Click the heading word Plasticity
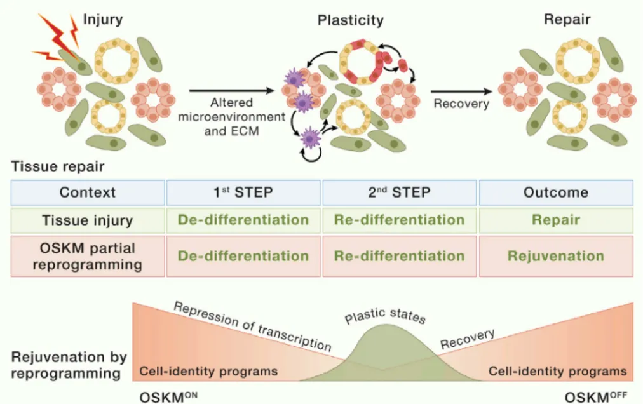tap(351, 20)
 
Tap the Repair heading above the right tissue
tap(567, 19)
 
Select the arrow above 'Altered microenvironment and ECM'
tap(232, 91)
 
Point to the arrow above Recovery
tap(461, 91)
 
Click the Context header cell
tap(88, 192)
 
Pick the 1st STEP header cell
tap(243, 192)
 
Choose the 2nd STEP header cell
tap(400, 192)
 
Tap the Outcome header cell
tap(556, 192)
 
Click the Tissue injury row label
tap(88, 220)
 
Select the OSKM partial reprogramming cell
tap(88, 257)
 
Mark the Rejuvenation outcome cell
tap(556, 257)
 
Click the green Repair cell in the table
tap(556, 220)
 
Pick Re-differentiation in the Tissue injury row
tap(400, 220)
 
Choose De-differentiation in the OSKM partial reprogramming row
tap(243, 257)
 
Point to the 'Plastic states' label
tap(384, 316)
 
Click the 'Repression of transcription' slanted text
tap(253, 327)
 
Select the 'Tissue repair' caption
tap(58, 166)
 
